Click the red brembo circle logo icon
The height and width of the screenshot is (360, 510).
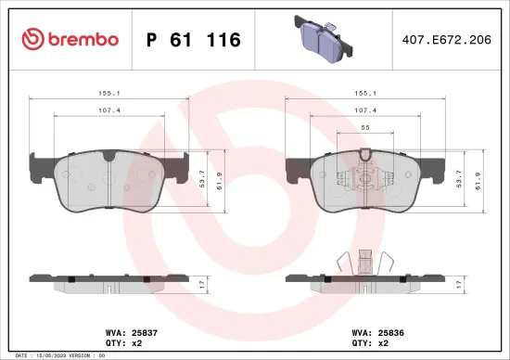click(31, 39)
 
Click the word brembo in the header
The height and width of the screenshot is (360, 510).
click(83, 39)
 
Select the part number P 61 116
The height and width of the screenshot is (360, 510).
click(194, 40)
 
